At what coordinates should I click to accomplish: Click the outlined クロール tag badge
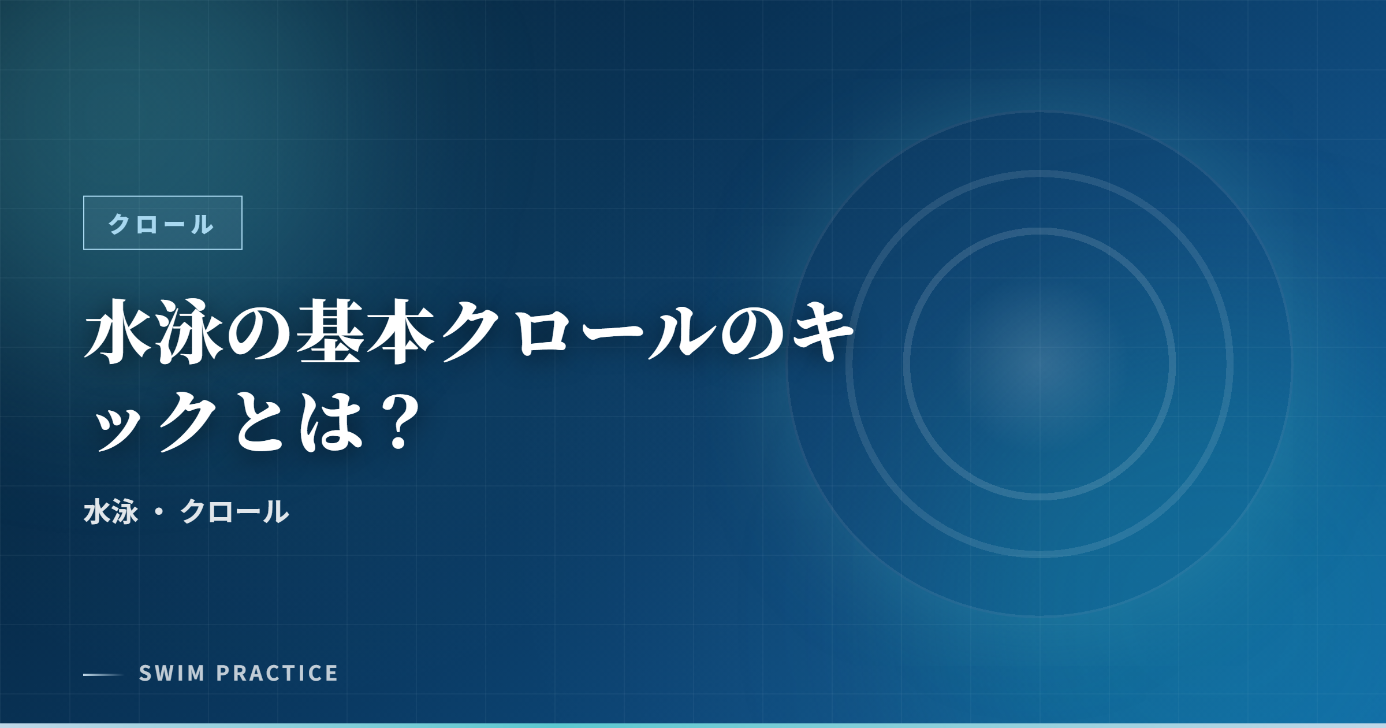click(x=162, y=223)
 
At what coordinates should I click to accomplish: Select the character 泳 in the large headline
click(x=189, y=332)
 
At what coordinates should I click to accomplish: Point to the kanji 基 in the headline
click(x=330, y=332)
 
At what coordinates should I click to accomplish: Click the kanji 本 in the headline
click(x=400, y=332)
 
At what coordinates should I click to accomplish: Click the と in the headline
click(x=260, y=422)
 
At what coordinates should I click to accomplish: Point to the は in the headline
click(x=330, y=422)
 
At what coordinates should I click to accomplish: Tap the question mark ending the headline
click(x=399, y=422)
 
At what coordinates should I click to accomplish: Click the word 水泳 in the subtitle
click(x=111, y=512)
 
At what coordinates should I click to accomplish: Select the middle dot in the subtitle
click(x=159, y=512)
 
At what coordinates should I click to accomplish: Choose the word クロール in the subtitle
click(x=234, y=512)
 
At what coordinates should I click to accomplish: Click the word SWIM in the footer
click(x=172, y=673)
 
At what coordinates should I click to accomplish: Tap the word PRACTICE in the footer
click(x=277, y=673)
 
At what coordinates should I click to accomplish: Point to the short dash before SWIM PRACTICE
click(x=103, y=674)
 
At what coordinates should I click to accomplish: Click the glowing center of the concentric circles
click(x=1039, y=364)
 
